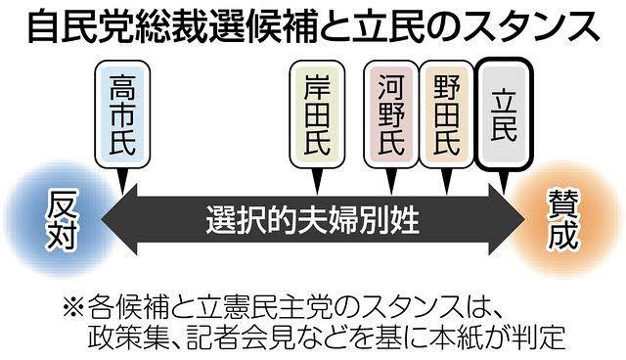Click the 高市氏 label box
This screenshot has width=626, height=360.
[122, 114]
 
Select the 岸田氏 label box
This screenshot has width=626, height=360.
[317, 114]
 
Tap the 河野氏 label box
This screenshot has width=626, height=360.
[391, 114]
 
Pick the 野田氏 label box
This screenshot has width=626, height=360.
[446, 114]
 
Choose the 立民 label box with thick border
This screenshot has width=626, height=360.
[504, 114]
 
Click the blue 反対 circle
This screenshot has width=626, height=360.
[59, 219]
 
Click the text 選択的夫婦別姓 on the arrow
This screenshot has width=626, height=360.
[312, 219]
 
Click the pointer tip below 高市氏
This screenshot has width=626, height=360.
[122, 194]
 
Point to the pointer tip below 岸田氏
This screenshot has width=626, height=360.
[317, 194]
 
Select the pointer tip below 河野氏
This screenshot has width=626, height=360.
[391, 194]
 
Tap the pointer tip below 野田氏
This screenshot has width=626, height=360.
[447, 194]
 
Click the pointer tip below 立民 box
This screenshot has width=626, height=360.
[504, 194]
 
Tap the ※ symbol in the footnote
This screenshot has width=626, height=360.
[73, 308]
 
